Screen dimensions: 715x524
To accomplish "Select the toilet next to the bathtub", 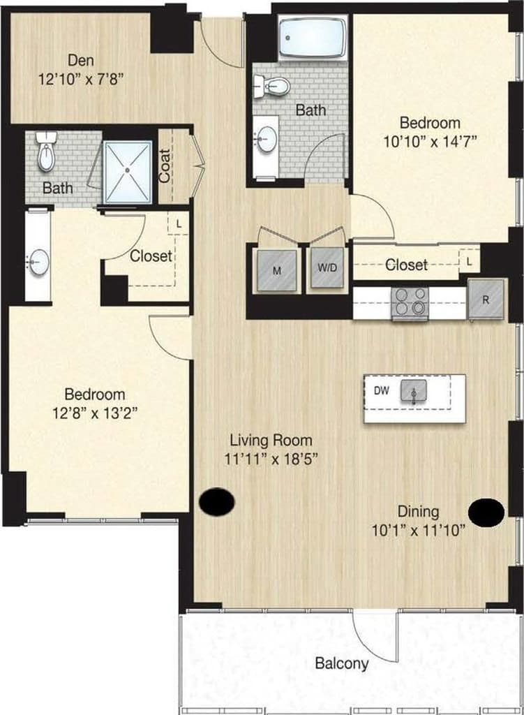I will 272,87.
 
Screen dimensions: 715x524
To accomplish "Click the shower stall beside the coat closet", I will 127,172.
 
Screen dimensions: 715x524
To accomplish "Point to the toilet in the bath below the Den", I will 46,153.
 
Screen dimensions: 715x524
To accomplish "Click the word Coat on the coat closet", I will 165,167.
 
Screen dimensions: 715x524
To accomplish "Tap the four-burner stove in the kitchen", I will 410,303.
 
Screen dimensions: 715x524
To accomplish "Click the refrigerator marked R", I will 486,299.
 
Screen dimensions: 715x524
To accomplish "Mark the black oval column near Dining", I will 486,513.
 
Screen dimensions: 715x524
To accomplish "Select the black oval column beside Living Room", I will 216,501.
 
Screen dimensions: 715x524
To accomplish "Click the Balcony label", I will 342,663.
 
